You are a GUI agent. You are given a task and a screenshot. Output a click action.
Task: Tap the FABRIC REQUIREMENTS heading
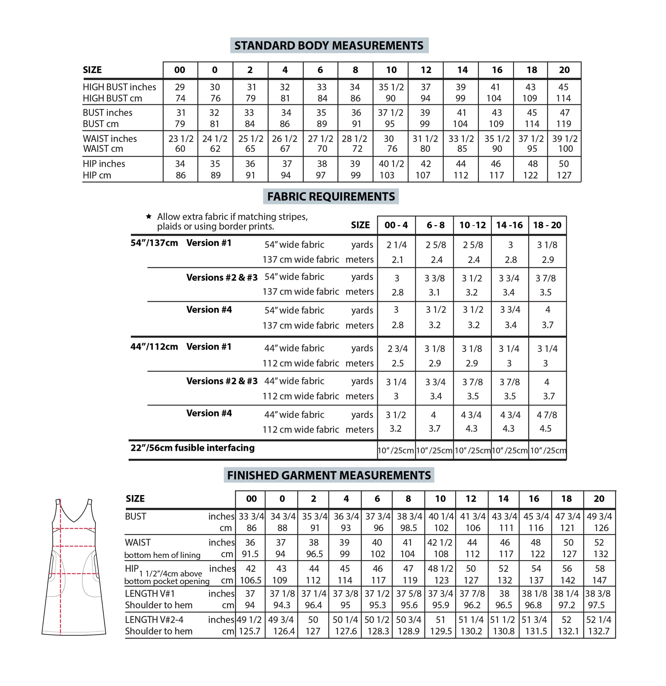tap(331, 197)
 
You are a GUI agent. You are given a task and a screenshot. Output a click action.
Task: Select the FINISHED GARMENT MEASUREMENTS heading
tap(329, 475)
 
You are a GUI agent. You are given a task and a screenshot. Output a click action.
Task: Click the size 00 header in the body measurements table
tap(180, 70)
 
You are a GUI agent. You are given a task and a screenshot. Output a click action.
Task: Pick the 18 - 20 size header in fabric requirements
tap(547, 225)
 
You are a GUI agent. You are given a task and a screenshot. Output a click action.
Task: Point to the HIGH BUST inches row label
tap(119, 87)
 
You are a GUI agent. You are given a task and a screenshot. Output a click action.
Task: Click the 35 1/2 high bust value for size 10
tap(391, 87)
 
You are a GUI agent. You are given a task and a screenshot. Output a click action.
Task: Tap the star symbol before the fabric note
tap(149, 216)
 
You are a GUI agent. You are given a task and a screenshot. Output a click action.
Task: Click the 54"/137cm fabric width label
tap(154, 243)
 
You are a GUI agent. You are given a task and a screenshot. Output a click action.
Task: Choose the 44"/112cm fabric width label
tap(154, 346)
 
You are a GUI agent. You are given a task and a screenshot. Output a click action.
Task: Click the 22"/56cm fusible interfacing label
tap(192, 448)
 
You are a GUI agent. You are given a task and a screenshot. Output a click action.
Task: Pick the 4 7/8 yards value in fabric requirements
tap(547, 415)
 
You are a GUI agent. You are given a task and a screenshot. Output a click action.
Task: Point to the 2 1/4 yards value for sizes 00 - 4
tap(396, 245)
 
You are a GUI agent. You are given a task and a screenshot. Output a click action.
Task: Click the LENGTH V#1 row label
tap(150, 594)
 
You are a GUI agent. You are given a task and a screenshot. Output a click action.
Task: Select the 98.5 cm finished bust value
tap(408, 528)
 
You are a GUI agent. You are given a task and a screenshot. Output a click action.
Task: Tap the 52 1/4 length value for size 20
tap(598, 620)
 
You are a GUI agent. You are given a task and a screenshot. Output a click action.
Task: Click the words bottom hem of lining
tap(162, 555)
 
